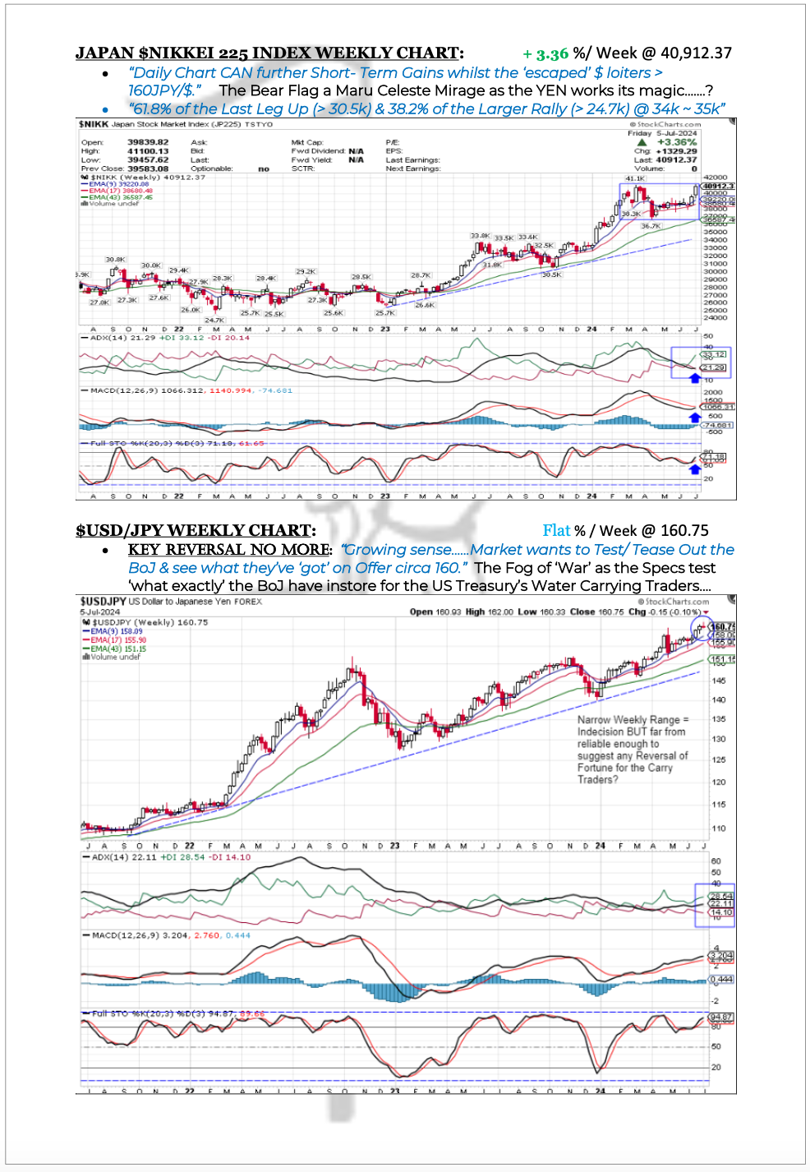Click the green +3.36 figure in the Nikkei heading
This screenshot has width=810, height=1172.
click(x=545, y=54)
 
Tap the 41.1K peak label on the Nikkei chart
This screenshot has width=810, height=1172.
click(x=635, y=178)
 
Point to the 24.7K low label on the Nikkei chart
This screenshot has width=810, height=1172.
click(x=214, y=320)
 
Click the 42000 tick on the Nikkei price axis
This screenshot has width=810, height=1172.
click(x=715, y=178)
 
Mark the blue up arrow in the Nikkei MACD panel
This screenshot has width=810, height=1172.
click(x=695, y=418)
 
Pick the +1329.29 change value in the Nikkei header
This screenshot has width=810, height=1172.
click(x=677, y=151)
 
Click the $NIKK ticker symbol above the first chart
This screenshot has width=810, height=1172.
click(x=93, y=124)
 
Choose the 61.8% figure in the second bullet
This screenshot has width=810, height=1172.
click(x=150, y=109)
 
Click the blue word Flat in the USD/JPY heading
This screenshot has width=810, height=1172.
click(x=556, y=531)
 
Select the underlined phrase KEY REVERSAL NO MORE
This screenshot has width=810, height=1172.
click(x=229, y=550)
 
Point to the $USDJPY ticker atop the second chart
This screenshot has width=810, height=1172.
click(x=103, y=602)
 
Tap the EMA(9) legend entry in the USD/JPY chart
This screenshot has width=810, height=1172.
click(x=117, y=631)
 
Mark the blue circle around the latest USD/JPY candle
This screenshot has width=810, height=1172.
click(x=701, y=629)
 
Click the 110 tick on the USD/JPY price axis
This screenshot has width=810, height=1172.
click(x=719, y=828)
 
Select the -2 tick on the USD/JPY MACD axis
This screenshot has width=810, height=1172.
click(x=715, y=1000)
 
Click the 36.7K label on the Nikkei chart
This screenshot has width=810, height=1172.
click(x=651, y=226)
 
